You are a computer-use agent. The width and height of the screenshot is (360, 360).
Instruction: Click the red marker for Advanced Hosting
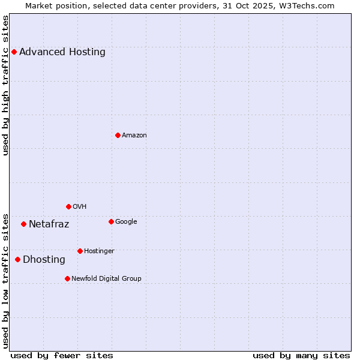pos(14,52)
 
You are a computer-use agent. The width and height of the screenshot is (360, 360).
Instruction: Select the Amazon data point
pos(118,135)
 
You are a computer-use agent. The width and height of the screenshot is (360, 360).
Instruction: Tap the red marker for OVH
pos(68,206)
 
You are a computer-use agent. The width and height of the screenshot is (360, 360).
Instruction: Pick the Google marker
pos(111,221)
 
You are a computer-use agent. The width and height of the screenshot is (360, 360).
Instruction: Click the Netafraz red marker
pos(23,224)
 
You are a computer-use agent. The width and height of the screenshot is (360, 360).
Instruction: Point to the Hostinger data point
pos(80,251)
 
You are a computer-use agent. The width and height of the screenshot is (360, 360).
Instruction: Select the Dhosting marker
pos(17,259)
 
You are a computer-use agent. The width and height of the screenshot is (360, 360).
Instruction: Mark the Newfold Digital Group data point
pos(67,278)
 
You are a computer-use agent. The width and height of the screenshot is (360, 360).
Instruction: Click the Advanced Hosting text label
pos(62,52)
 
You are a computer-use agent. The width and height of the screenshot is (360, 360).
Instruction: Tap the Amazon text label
pos(134,135)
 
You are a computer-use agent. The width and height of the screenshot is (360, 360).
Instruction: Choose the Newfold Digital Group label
pos(107,278)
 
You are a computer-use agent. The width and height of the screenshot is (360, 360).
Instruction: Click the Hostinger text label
pos(99,251)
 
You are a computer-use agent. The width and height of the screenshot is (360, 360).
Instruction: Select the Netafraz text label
pos(49,224)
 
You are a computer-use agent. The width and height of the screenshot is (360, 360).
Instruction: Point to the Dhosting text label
pos(44,260)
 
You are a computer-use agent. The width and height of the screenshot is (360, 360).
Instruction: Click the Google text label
pos(126,221)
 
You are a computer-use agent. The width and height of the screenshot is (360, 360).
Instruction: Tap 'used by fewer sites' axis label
pos(62,355)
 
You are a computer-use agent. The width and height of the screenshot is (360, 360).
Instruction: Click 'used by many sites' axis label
pos(301,355)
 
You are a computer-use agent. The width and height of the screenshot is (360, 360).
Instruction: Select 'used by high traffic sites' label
pos(6,85)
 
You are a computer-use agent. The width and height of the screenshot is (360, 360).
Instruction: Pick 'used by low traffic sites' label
pos(6,280)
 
